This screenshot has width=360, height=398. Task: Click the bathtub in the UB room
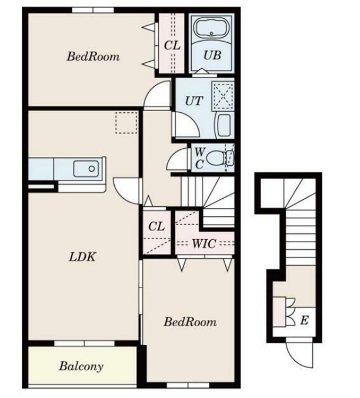[211, 28]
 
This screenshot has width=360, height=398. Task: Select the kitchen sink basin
[86, 168]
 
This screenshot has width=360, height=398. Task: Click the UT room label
[194, 101]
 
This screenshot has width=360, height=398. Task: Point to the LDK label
[82, 257]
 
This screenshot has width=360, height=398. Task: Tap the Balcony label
[81, 366]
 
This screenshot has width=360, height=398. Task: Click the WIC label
[204, 243]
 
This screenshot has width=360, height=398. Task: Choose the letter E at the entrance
[304, 320]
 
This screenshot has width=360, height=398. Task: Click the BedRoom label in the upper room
[93, 56]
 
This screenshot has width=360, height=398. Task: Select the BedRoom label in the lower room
[190, 322]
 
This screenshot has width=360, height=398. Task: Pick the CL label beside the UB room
[172, 45]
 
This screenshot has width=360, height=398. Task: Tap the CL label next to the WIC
[156, 226]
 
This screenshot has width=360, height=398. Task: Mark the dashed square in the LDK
[126, 123]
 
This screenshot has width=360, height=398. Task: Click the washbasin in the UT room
[224, 125]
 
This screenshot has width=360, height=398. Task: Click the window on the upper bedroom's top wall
[93, 10]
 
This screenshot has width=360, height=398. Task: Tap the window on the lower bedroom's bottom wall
[188, 386]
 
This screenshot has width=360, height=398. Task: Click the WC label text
[199, 159]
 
